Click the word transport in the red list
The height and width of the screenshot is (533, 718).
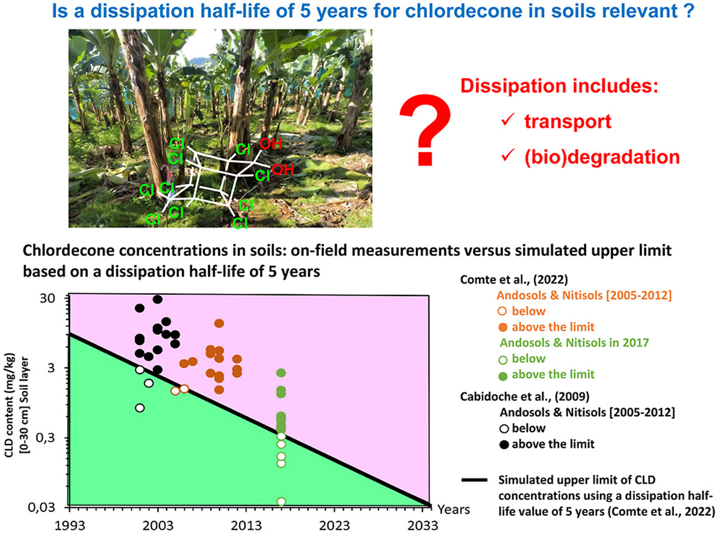click(568, 122)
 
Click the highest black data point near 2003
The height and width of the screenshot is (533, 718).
click(158, 299)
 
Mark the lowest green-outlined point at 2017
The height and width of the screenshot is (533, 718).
click(281, 501)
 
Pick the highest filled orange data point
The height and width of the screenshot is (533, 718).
click(219, 323)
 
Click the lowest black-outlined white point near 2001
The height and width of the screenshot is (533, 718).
click(140, 408)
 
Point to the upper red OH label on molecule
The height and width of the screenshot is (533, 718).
click(270, 144)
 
